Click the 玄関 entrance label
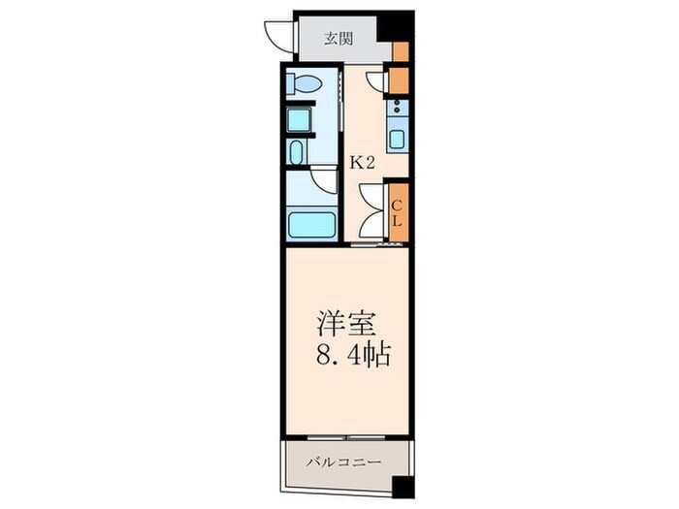tap(338, 40)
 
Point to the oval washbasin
tap(296, 153)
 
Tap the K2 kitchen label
tap(363, 163)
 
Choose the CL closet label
tap(397, 211)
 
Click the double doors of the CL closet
tap(372, 209)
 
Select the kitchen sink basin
tap(398, 138)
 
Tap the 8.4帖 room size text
tap(351, 356)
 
